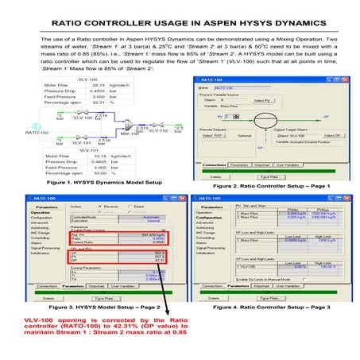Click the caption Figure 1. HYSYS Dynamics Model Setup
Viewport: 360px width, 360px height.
click(91, 181)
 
